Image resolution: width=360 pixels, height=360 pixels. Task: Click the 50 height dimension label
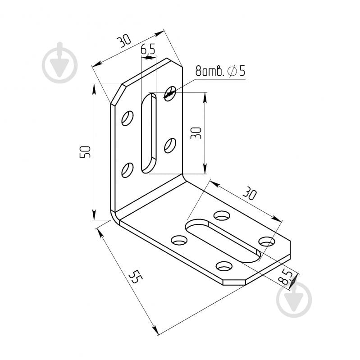tap(85, 152)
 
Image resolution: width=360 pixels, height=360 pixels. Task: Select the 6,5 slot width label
tap(148, 49)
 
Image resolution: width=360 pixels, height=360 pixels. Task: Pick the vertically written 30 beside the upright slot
tap(196, 133)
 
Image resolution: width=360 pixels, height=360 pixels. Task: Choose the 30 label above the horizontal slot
tap(249, 193)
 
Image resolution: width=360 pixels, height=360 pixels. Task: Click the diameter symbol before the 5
tap(232, 71)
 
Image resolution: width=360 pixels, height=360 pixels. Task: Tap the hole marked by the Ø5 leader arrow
tap(170, 93)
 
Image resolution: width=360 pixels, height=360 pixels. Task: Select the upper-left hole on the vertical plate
tap(128, 118)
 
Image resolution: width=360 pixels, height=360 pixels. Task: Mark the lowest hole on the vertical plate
tap(128, 170)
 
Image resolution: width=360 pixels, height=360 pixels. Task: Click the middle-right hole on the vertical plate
tap(170, 146)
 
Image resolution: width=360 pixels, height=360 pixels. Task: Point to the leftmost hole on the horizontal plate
tap(179, 240)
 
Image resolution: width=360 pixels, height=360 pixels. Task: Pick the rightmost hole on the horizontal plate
tap(267, 242)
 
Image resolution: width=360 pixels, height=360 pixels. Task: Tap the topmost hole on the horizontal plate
tap(222, 215)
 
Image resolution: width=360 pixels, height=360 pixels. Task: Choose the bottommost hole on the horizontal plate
tap(224, 266)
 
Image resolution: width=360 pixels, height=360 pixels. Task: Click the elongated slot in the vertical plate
tap(149, 133)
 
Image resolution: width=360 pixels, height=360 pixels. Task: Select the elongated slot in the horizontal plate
tap(223, 241)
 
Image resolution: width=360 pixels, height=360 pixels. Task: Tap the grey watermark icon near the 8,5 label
tap(294, 299)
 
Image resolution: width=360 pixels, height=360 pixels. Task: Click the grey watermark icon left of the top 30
tap(59, 63)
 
